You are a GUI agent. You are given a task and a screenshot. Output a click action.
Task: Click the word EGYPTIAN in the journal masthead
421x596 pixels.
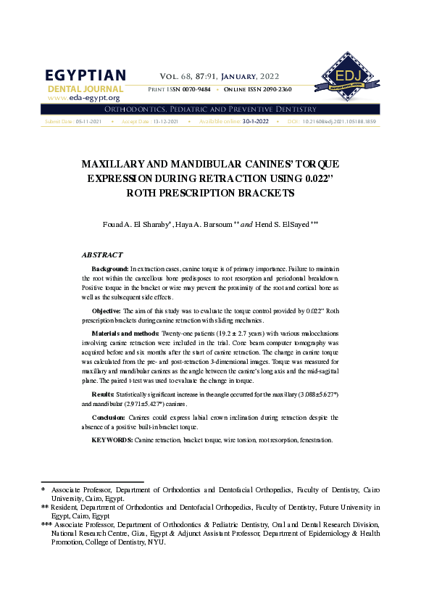[x=86, y=76]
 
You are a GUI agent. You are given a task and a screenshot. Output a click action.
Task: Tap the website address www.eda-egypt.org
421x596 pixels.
[x=83, y=97]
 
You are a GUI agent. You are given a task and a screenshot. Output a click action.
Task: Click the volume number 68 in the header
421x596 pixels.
[x=188, y=75]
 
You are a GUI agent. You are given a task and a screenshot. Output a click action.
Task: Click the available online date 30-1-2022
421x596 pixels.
[x=255, y=121]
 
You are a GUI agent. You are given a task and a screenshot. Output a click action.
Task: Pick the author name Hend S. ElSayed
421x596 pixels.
[x=285, y=225]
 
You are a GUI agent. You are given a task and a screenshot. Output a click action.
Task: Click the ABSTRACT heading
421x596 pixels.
[x=102, y=255]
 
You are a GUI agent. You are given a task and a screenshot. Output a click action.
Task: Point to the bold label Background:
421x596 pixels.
[x=110, y=269]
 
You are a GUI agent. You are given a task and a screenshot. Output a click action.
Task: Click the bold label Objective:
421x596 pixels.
[x=108, y=311]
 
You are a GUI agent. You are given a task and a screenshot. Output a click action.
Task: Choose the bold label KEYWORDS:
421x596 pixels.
[x=112, y=440]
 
